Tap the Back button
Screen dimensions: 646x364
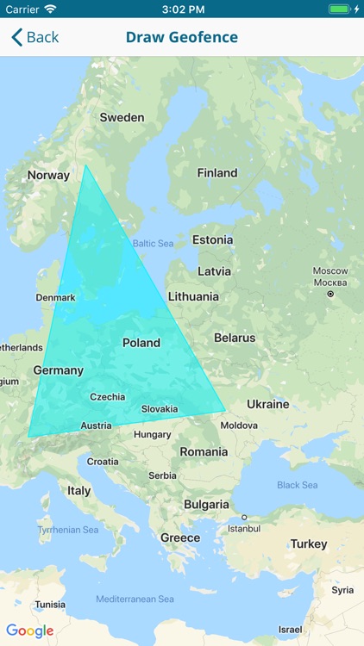coord(35,37)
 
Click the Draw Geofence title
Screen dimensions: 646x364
coord(182,37)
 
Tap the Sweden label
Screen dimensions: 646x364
coord(122,117)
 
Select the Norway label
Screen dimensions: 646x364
coord(48,175)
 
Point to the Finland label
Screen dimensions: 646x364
coord(217,172)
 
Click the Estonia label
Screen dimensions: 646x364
coord(212,239)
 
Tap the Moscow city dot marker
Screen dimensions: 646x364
coord(330,294)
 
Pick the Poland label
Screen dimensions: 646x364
coord(141,342)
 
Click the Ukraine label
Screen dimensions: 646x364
coord(268,404)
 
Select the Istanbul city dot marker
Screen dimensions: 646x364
coord(244,518)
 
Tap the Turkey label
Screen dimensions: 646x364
coord(309,544)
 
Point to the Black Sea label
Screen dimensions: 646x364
coord(298,485)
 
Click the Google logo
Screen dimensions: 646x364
coord(30,630)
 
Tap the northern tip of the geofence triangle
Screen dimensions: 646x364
coord(85,165)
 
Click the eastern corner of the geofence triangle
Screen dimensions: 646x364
coord(225,410)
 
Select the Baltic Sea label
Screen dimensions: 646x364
coord(154,244)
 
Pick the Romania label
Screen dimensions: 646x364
coord(204,451)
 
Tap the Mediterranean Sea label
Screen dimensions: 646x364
coord(135,599)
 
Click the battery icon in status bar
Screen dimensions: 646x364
coord(339,9)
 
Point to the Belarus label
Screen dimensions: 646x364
coord(235,338)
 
